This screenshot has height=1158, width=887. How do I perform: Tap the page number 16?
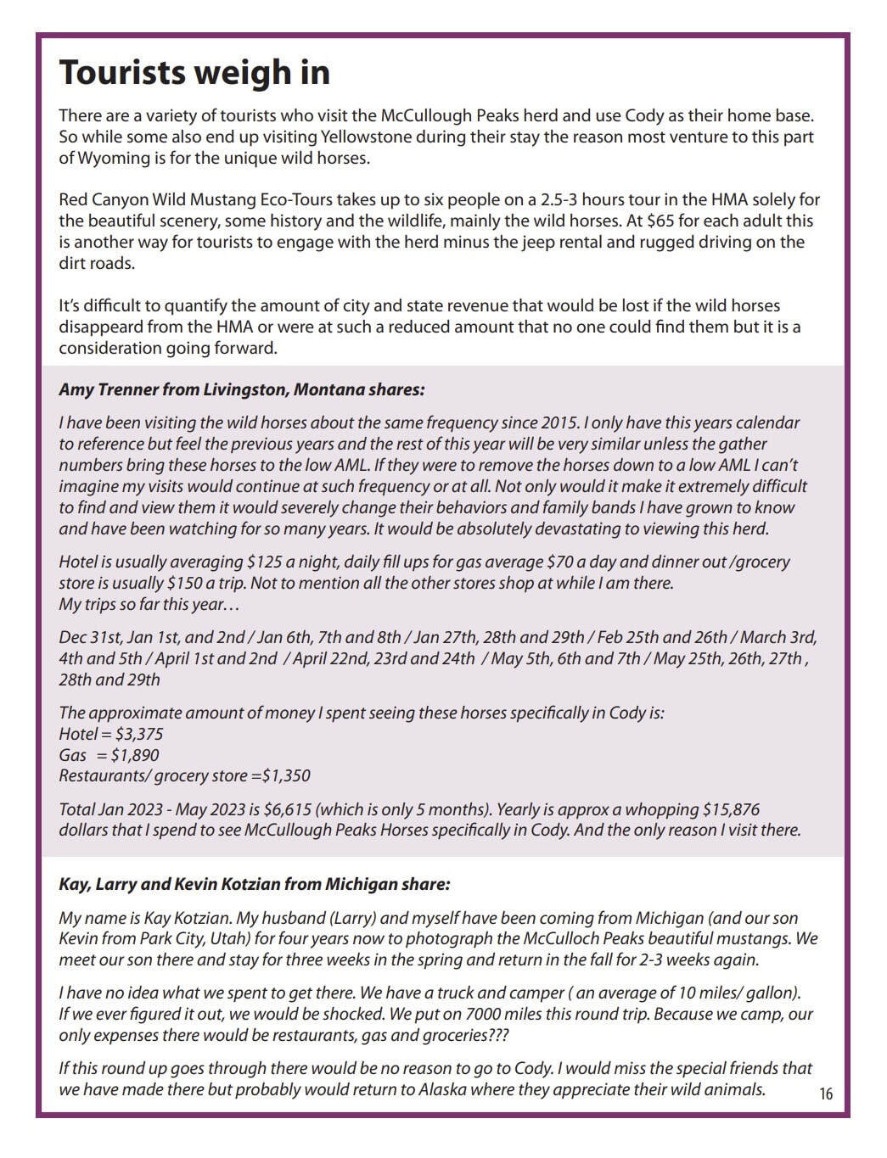[826, 1094]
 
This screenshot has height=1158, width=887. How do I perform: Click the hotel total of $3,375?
[139, 735]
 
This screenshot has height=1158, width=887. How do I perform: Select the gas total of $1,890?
[137, 756]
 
